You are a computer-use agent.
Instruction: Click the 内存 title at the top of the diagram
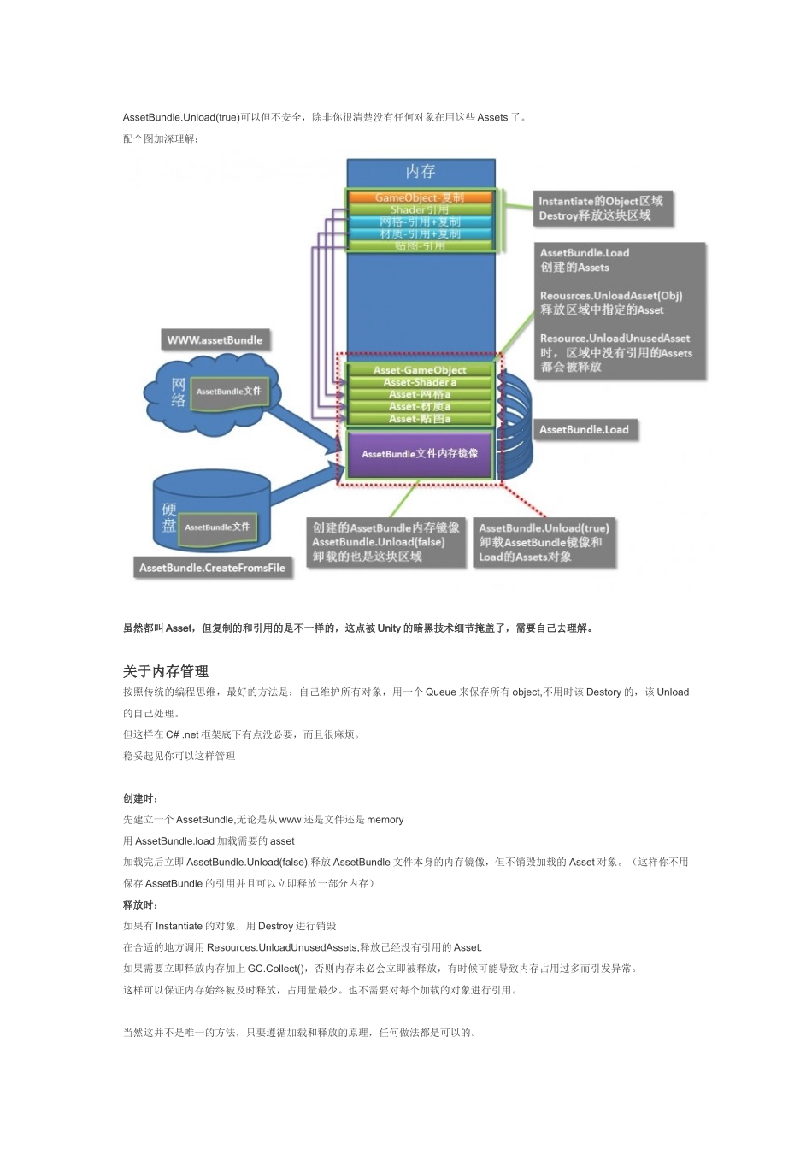coord(420,172)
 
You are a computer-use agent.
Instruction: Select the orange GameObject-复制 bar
coord(420,197)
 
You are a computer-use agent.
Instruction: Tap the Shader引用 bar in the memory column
coord(420,209)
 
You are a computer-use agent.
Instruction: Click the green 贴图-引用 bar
coord(420,246)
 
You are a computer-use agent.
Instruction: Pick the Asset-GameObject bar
coord(420,370)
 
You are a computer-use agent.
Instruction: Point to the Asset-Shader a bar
coord(420,382)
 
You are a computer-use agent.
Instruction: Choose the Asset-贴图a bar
coord(420,419)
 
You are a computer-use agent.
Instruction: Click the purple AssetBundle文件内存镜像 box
coord(420,454)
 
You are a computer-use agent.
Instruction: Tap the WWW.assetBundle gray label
coord(215,340)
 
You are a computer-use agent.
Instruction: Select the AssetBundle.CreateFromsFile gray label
coord(213,568)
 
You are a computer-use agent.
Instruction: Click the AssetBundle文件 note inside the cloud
coord(228,392)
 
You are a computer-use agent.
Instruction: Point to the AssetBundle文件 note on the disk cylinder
coord(217,527)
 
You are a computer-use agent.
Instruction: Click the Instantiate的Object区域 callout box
coord(600,209)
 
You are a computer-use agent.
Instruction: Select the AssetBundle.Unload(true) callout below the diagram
coord(544,543)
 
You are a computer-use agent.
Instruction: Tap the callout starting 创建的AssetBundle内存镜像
coord(385,543)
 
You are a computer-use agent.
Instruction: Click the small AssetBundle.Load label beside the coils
coord(584,430)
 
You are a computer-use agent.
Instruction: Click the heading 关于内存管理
coord(166,671)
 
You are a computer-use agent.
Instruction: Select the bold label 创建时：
coord(141,798)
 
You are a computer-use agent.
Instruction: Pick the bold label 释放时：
coord(141,904)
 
